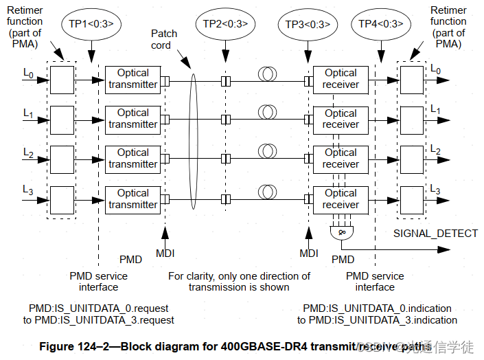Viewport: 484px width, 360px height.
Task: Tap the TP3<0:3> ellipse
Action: [308, 23]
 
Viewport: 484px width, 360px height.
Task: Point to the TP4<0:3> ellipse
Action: [381, 23]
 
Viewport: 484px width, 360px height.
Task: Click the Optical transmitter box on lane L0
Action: [132, 79]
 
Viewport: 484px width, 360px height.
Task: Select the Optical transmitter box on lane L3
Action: [132, 199]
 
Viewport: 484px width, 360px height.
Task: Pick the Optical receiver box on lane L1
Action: [341, 119]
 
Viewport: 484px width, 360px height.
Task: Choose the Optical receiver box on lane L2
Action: [341, 159]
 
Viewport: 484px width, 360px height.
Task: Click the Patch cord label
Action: [164, 39]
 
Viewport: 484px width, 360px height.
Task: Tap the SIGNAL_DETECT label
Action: [435, 234]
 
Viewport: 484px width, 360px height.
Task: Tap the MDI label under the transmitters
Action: [165, 254]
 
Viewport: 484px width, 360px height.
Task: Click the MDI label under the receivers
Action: [308, 254]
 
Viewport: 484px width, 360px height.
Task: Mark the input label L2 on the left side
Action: [28, 150]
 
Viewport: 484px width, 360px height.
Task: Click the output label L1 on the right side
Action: [435, 109]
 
